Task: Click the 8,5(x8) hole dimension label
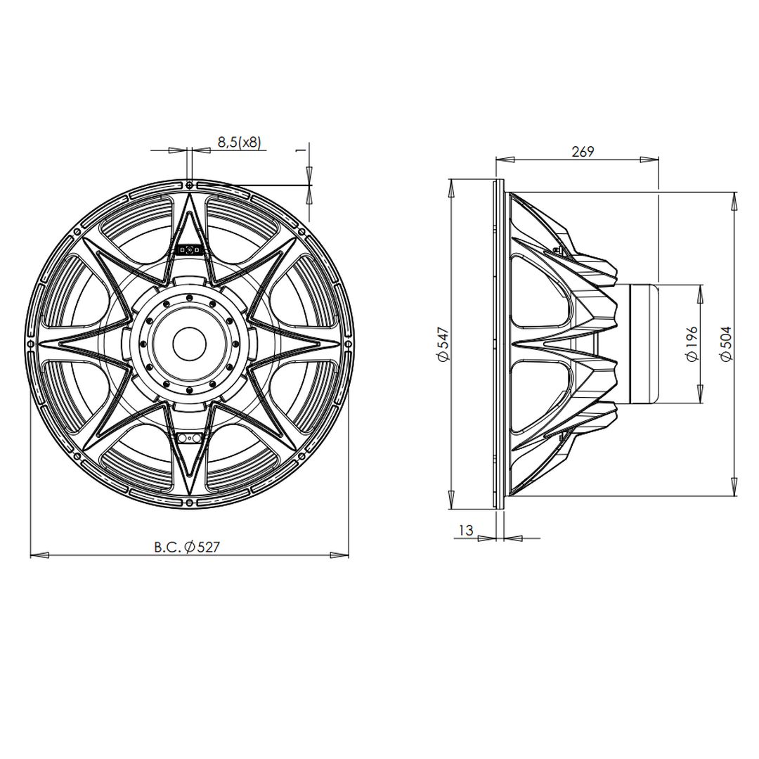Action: click(x=238, y=142)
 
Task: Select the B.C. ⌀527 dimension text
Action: click(x=187, y=547)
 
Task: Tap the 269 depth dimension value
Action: click(x=583, y=151)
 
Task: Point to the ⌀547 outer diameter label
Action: click(x=442, y=344)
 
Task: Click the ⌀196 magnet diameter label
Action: click(x=692, y=343)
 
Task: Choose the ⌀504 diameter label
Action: click(x=726, y=343)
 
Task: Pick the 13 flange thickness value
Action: click(x=465, y=531)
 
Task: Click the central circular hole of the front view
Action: click(x=189, y=344)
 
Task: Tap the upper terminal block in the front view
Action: click(x=190, y=249)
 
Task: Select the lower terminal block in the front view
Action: click(x=190, y=439)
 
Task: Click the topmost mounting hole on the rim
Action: click(x=189, y=184)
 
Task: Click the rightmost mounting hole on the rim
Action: click(x=349, y=344)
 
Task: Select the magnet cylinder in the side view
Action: click(x=644, y=344)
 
